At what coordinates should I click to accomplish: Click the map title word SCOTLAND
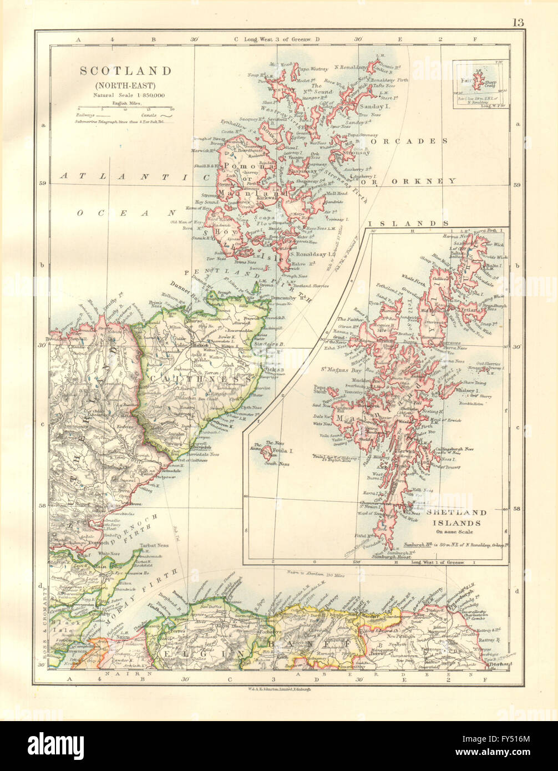coord(125,71)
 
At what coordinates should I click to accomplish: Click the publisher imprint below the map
coord(278,688)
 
